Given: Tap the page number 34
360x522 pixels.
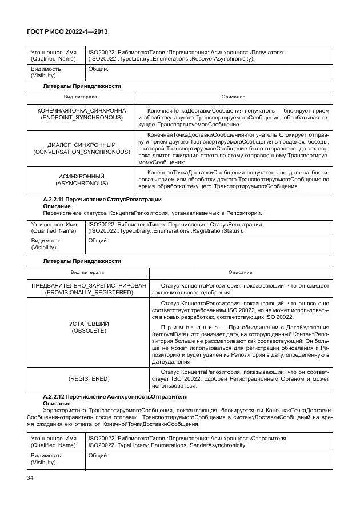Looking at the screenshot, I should [31, 477].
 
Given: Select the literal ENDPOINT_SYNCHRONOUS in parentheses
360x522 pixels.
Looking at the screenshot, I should [82, 117].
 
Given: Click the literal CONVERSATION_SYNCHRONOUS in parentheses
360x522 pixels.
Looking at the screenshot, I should [82, 153].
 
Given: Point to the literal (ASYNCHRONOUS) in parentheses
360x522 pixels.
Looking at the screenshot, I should [82, 184].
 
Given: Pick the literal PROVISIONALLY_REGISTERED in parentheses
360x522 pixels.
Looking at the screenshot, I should [89, 292].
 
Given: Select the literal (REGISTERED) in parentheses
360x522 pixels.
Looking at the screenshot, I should [89, 378].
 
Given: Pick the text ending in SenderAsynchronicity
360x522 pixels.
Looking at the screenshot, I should [167, 445].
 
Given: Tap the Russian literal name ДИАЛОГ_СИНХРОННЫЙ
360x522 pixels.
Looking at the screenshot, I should [82, 145].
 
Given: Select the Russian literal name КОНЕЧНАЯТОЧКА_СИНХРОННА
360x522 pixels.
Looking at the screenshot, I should [82, 110].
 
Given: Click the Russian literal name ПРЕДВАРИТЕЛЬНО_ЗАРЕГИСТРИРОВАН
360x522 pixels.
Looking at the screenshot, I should [89, 285].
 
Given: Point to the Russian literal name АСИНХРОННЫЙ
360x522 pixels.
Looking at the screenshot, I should [82, 176].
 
